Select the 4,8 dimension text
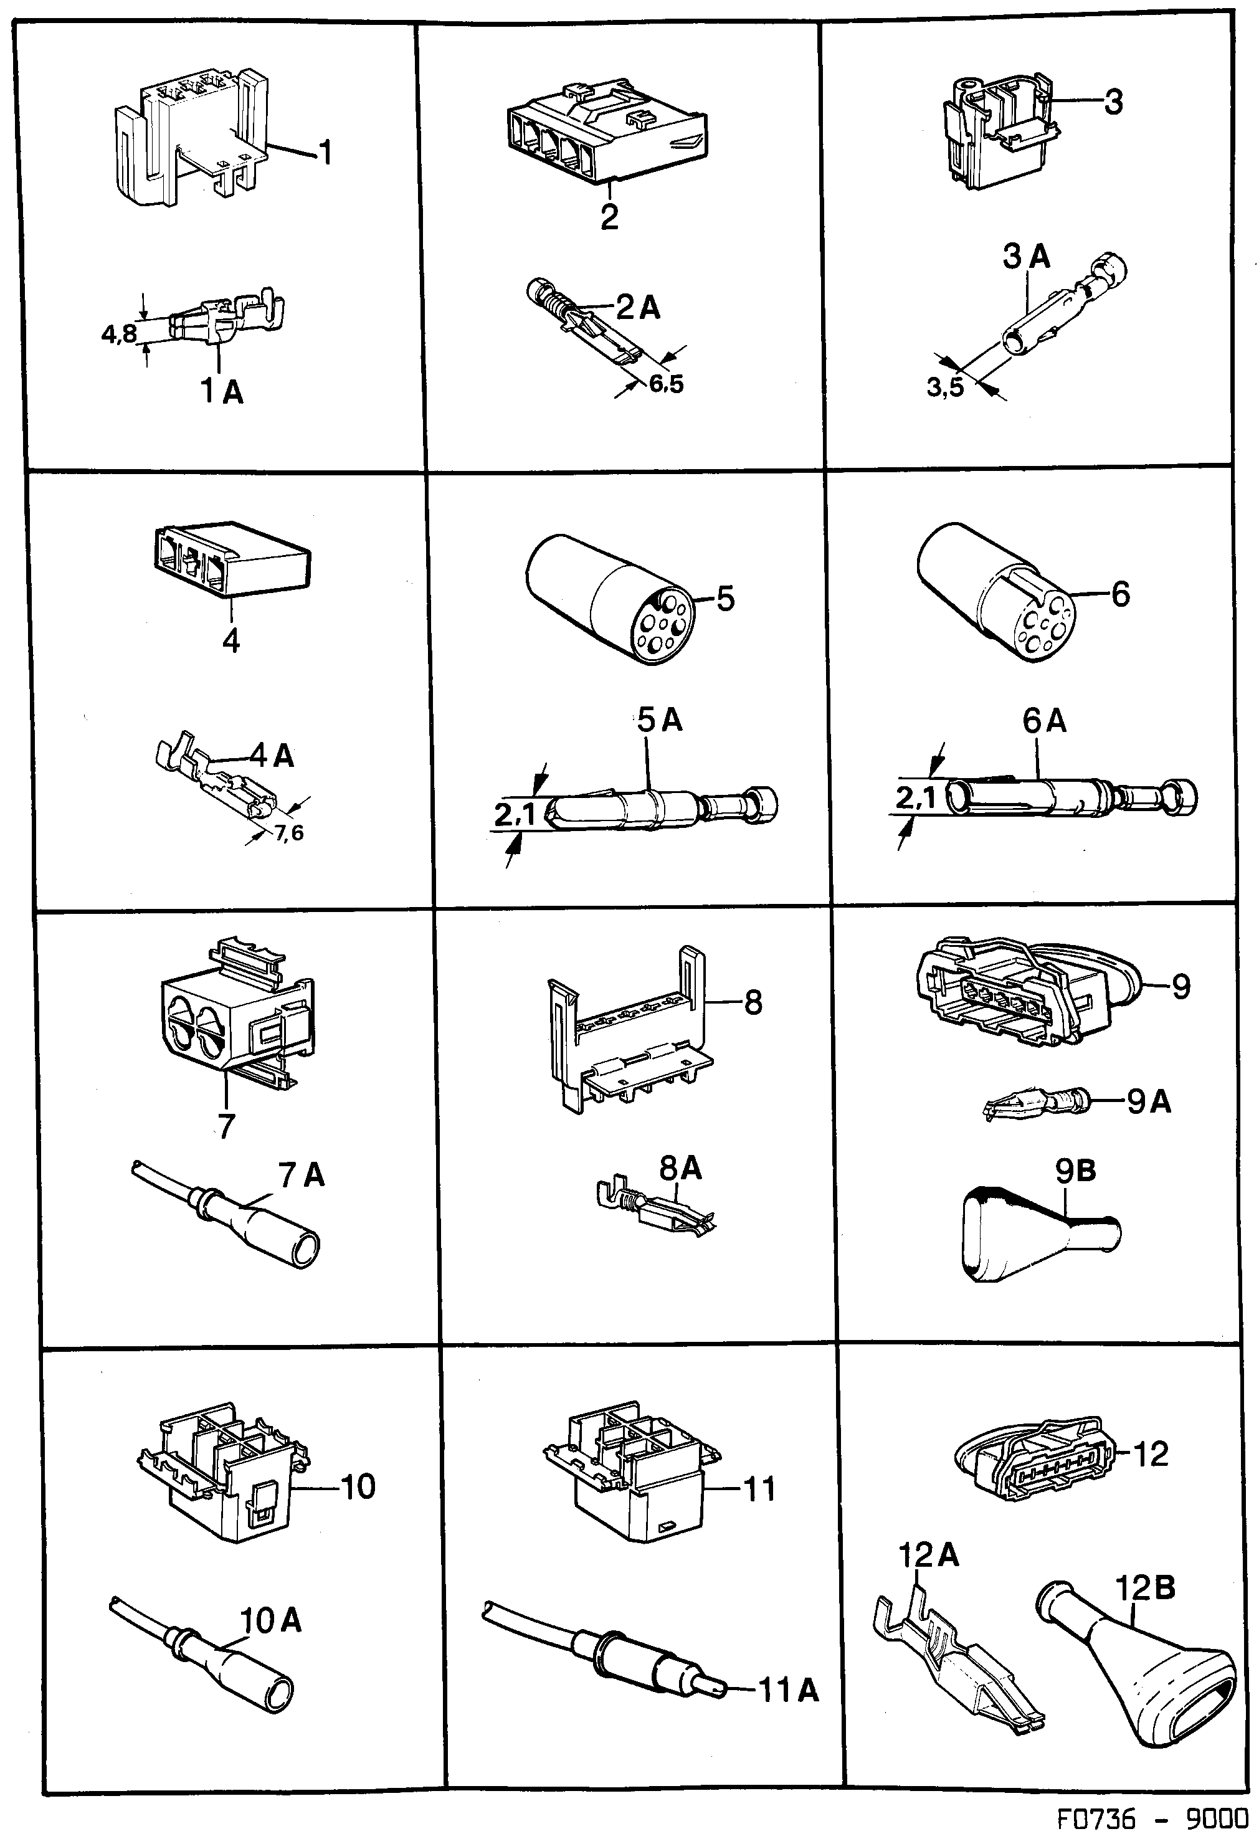[119, 335]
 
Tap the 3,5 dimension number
[945, 387]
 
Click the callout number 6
[1121, 594]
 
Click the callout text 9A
[1148, 1101]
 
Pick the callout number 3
[1113, 102]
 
